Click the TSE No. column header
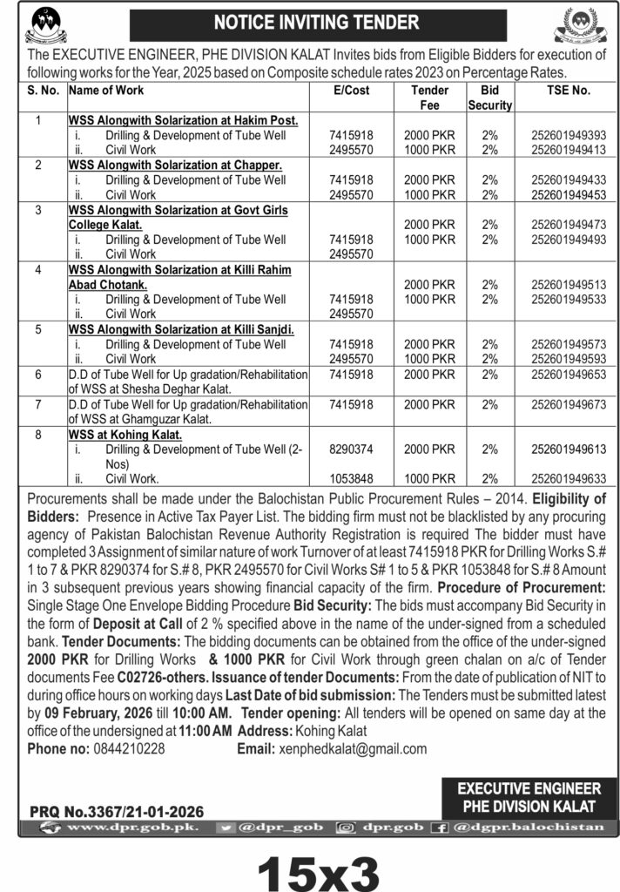(x=568, y=90)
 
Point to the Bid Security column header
(x=489, y=98)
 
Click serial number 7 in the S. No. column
(x=37, y=404)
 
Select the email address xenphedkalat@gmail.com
(x=352, y=748)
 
